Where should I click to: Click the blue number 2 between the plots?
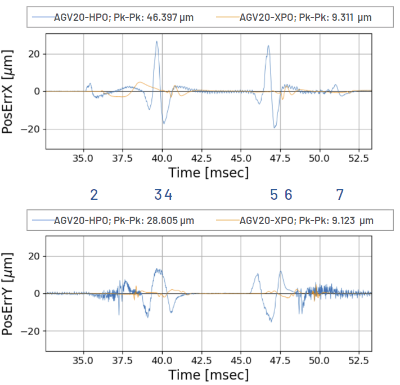point(94,195)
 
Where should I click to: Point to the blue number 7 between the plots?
point(340,195)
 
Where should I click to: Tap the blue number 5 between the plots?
point(274,195)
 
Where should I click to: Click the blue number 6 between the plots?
point(288,195)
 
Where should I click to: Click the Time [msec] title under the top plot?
point(208,172)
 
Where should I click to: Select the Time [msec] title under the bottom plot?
point(208,374)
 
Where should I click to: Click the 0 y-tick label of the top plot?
point(37,91)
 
